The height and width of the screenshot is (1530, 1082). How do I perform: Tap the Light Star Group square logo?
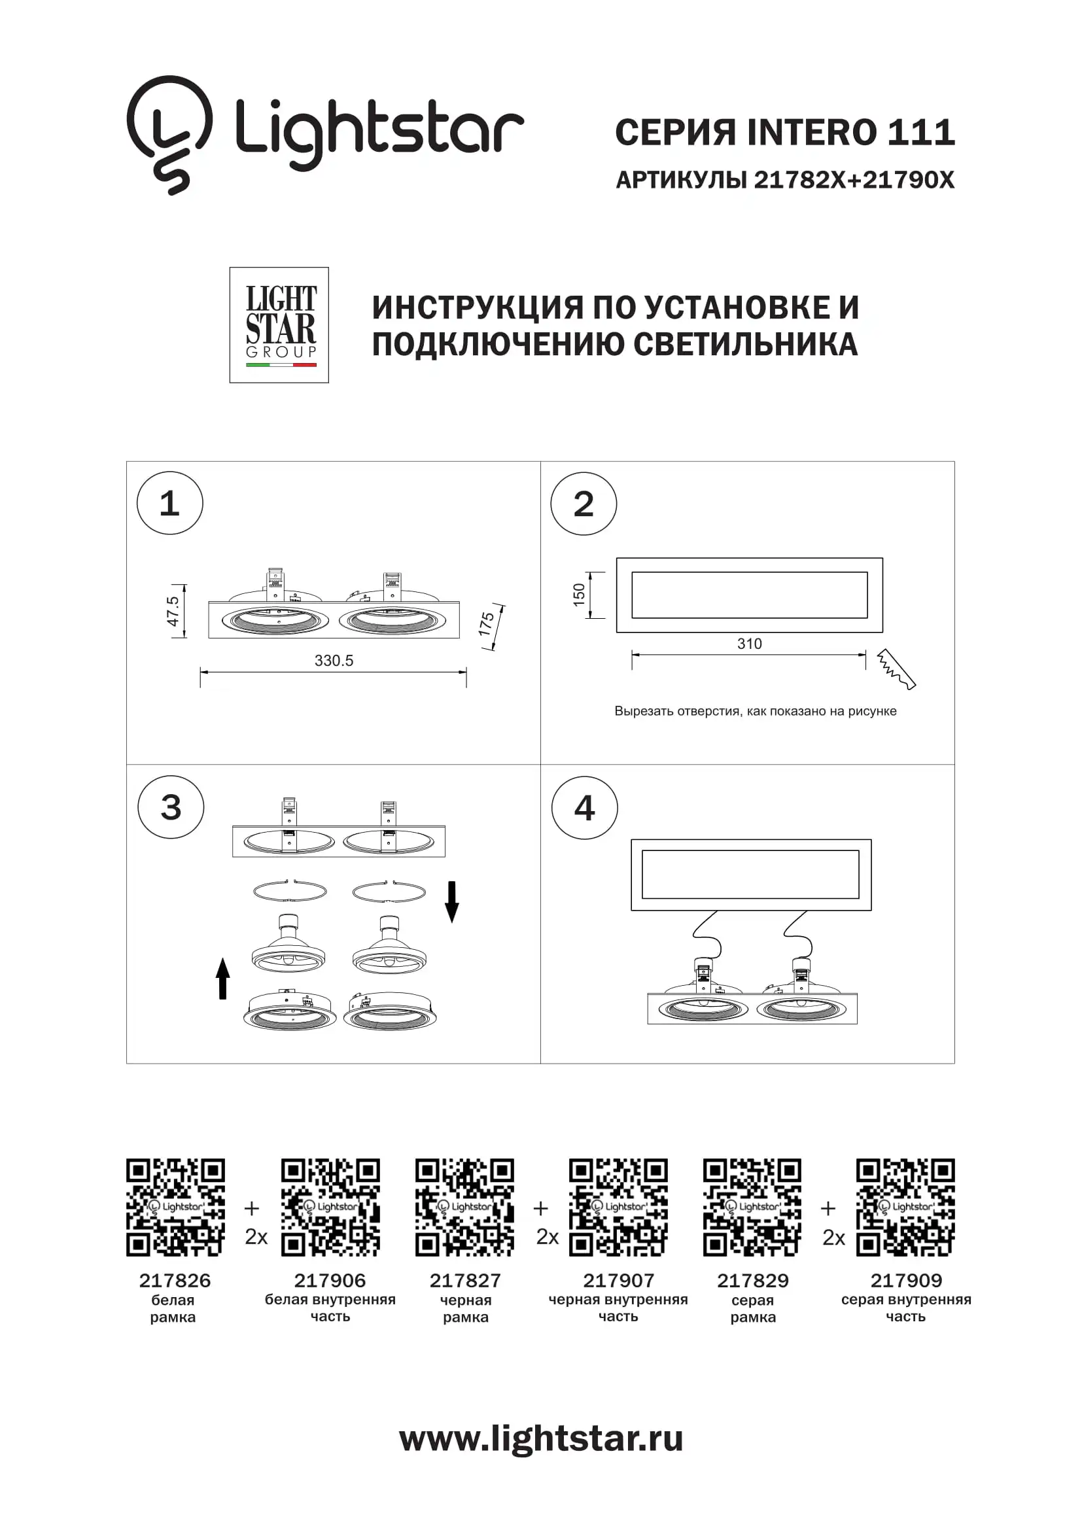click(x=279, y=325)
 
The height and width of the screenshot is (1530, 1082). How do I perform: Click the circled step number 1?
click(x=170, y=503)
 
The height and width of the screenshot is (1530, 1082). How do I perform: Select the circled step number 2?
click(x=584, y=504)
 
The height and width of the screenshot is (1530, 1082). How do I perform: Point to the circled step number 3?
click(x=171, y=807)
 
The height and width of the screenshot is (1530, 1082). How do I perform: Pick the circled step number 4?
click(x=584, y=808)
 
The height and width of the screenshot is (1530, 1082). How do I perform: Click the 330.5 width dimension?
click(x=334, y=661)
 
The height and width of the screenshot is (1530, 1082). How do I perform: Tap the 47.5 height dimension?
click(x=173, y=611)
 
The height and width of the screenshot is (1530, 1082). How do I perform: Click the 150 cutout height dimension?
click(x=578, y=595)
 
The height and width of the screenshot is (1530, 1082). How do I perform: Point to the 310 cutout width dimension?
click(x=750, y=644)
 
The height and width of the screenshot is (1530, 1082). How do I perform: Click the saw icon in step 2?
click(x=896, y=669)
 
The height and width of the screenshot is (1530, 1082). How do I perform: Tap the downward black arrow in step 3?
click(x=452, y=901)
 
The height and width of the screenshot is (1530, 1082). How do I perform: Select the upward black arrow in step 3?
click(x=223, y=978)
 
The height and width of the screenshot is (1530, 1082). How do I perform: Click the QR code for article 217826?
click(x=176, y=1208)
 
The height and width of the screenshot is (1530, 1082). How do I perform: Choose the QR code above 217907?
click(x=618, y=1208)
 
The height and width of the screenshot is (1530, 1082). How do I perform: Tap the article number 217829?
click(x=753, y=1281)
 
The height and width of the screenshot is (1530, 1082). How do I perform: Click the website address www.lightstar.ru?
click(x=541, y=1438)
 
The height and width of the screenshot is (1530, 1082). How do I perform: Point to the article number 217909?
click(x=906, y=1281)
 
